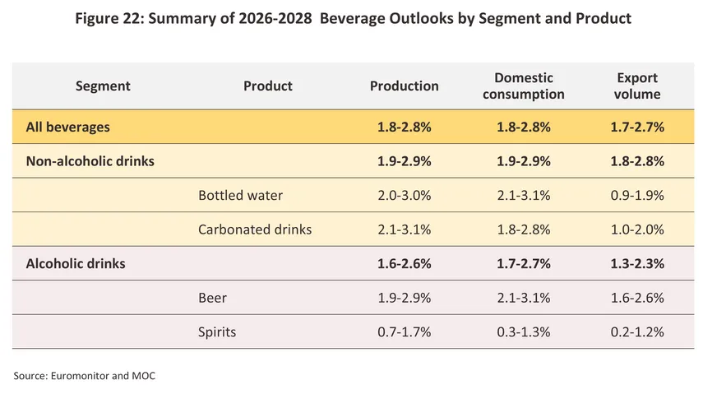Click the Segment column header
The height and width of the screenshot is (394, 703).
[103, 86]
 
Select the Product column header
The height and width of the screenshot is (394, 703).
[268, 86]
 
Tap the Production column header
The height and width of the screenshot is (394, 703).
[404, 86]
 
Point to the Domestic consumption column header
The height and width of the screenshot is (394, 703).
[523, 86]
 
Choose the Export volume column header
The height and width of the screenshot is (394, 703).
[637, 86]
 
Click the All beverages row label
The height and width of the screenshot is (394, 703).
[67, 127]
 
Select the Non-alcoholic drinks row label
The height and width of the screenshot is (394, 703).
[90, 161]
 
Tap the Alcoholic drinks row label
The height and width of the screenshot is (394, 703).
[76, 263]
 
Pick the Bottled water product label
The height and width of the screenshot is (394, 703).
[240, 195]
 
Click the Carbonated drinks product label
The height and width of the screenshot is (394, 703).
[255, 229]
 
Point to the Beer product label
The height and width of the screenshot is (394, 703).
[212, 298]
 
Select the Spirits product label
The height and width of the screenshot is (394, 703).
[217, 332]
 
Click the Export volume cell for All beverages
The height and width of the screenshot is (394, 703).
[637, 127]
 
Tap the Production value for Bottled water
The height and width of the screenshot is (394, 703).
[404, 195]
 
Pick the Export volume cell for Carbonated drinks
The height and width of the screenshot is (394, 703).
[637, 229]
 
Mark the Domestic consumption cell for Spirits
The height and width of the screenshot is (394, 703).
[523, 332]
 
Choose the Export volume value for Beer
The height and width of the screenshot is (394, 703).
[637, 298]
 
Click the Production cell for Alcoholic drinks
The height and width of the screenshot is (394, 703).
[404, 263]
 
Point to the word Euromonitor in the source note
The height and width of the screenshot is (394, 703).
[80, 376]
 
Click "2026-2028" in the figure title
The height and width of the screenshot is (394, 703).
[275, 18]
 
